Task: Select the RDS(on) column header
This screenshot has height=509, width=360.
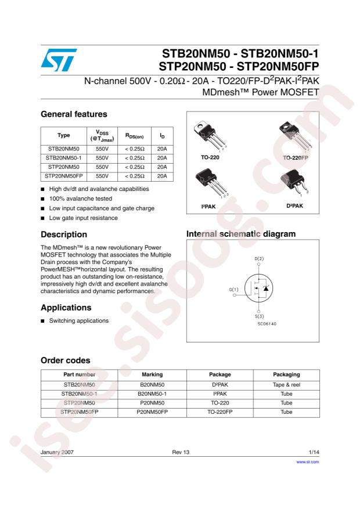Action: click(134, 136)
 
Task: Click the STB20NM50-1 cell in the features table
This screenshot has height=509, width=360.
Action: click(62, 157)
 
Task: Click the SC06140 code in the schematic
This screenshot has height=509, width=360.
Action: click(267, 323)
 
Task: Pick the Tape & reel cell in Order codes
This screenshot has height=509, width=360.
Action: click(286, 384)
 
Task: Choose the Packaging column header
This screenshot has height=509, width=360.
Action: click(286, 374)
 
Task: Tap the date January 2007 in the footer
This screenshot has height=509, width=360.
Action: click(57, 451)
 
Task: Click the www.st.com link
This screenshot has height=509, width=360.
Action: click(308, 462)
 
